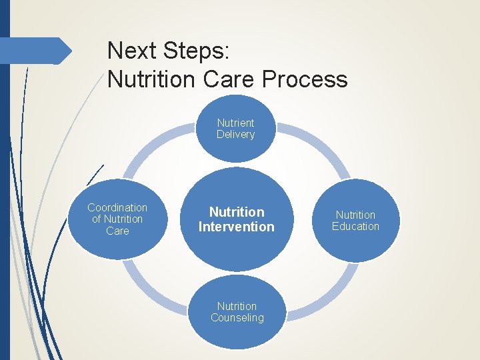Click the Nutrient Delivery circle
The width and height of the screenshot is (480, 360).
pos(236,129)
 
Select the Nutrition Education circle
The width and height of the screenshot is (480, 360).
pos(355,221)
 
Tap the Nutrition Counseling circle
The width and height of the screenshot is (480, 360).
pos(237,312)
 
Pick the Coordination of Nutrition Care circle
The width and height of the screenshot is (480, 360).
pos(117,219)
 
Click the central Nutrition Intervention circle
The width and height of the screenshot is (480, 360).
pos(237,219)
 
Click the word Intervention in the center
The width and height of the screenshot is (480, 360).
pos(237,227)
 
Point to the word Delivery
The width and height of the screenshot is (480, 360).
pos(236,135)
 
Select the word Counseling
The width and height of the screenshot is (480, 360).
pos(237,318)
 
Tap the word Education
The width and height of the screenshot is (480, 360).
pos(355,227)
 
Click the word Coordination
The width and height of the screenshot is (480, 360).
pos(117,208)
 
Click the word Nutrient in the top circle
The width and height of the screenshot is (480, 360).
pos(236,123)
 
